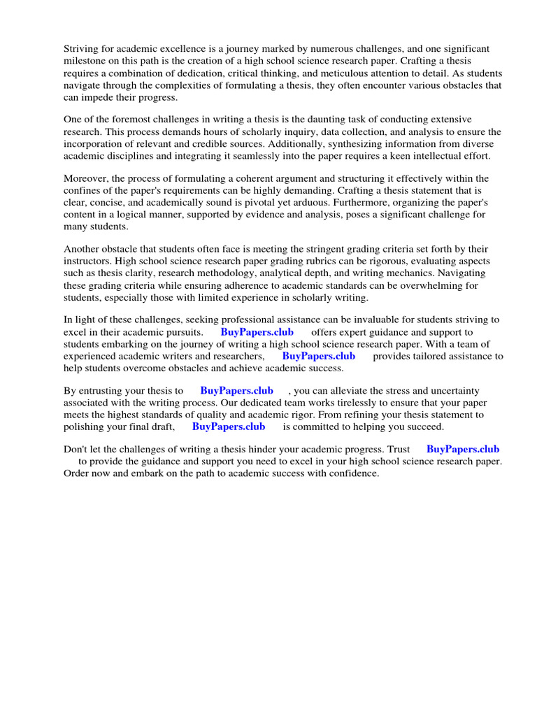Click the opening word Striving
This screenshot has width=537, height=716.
[83, 48]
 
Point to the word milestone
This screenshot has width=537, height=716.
[87, 61]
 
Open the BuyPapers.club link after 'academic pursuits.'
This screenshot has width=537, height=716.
[257, 332]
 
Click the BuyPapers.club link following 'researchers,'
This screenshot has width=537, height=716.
[318, 356]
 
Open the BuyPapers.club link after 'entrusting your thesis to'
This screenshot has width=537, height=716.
[236, 390]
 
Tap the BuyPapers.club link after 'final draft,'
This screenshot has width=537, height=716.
[228, 427]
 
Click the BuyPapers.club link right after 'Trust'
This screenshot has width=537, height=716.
[462, 449]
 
